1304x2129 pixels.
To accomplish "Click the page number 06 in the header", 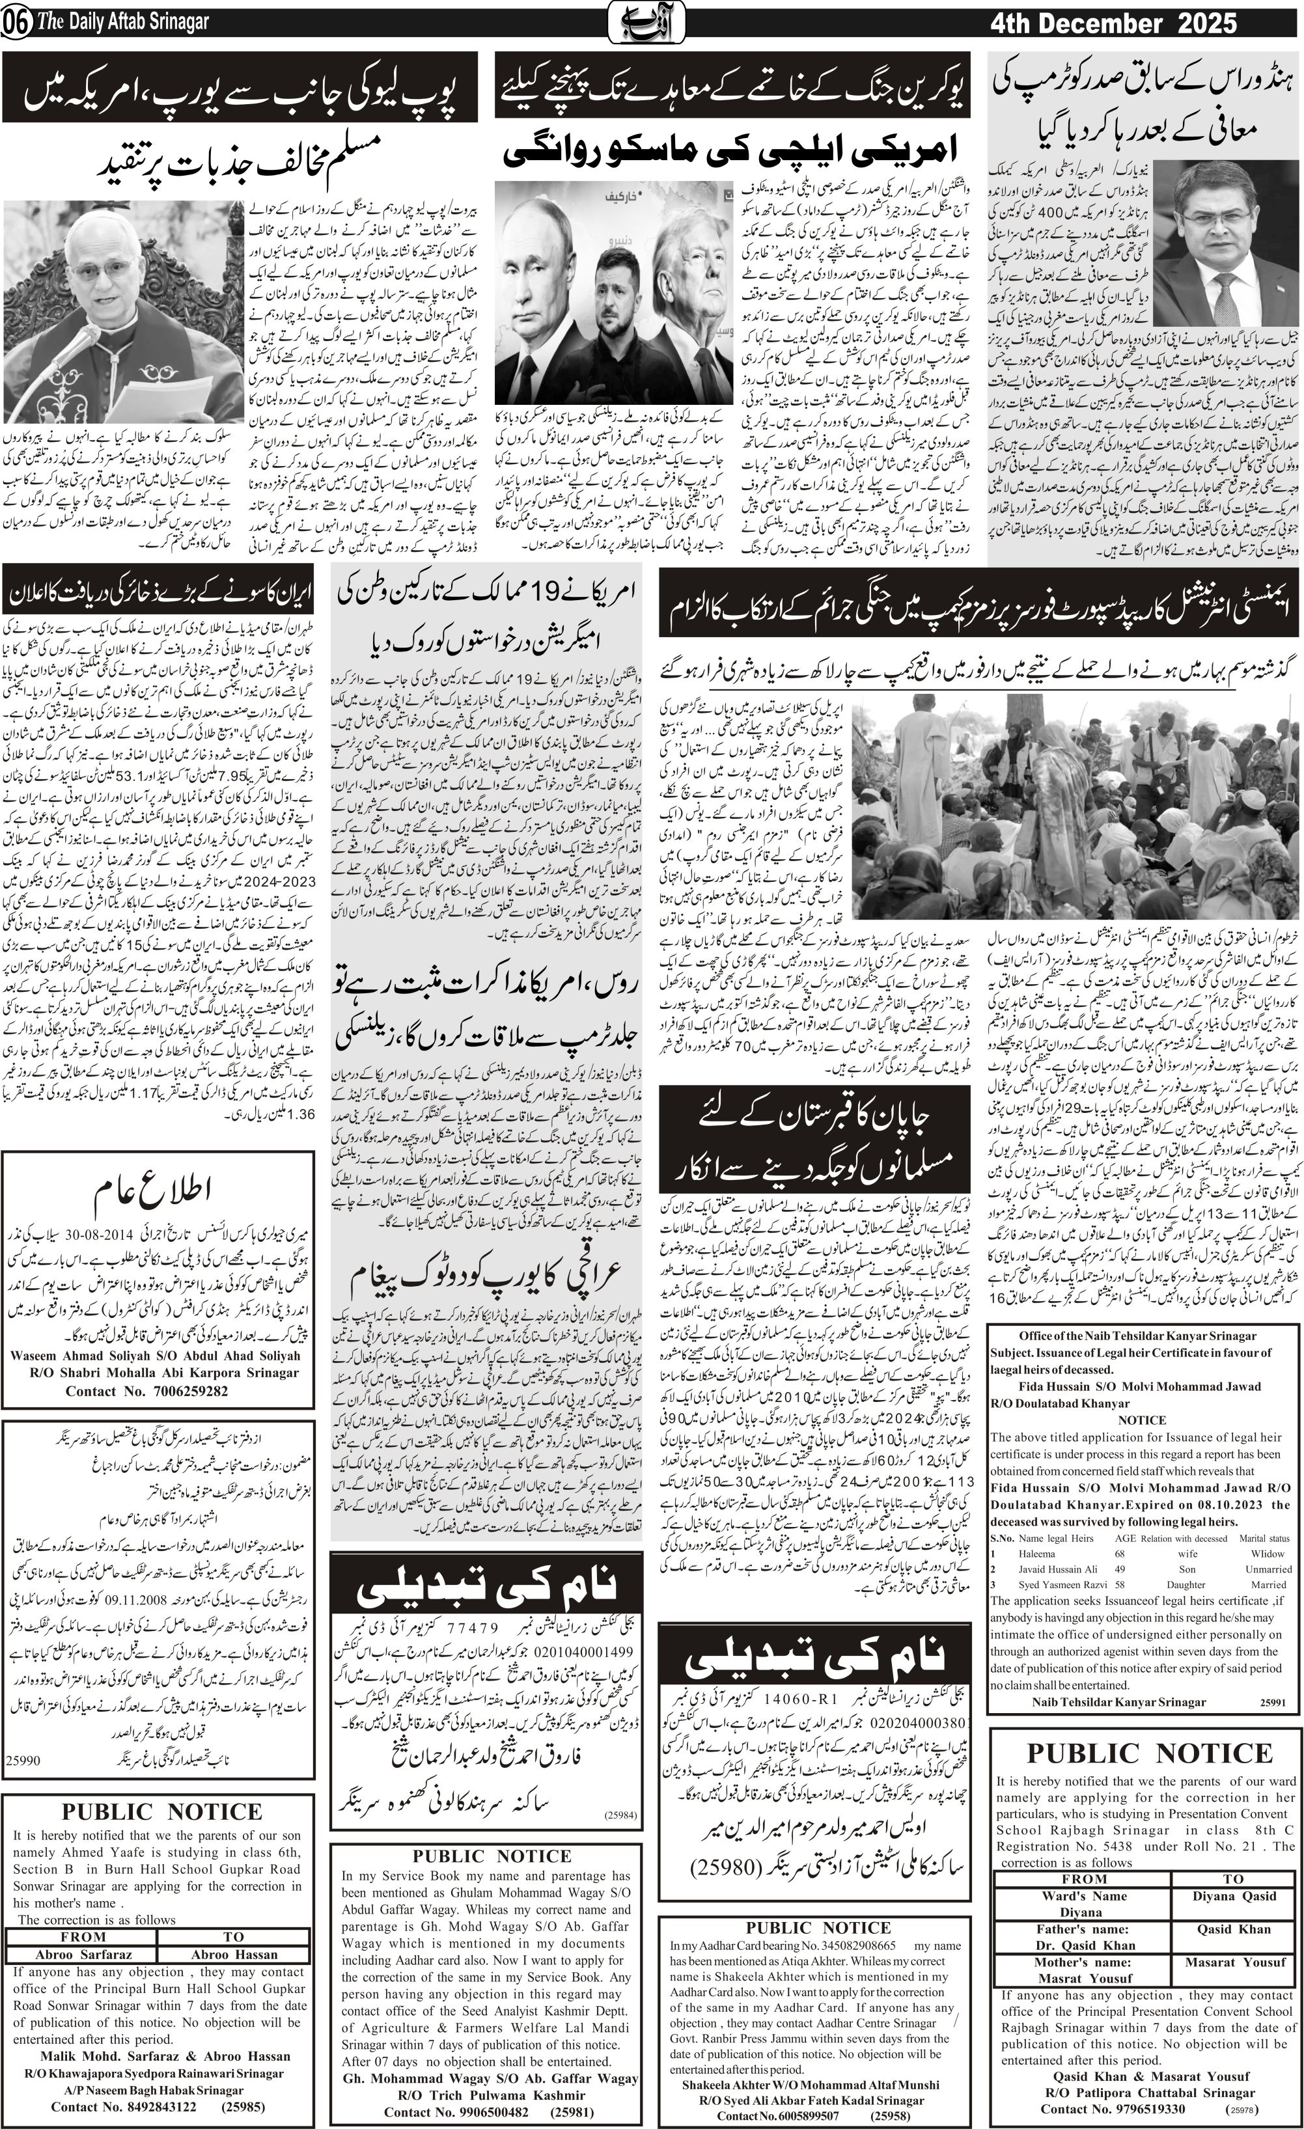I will click(x=16, y=23).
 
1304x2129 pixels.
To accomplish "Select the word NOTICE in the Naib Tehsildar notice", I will click(x=1141, y=1419).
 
